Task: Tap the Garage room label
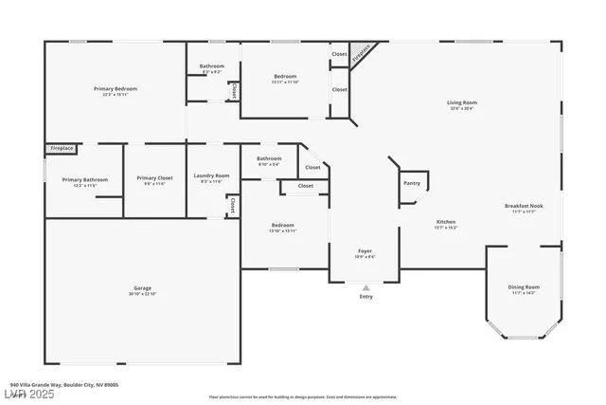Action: (x=142, y=287)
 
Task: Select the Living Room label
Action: (x=462, y=102)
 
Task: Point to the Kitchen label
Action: (x=445, y=222)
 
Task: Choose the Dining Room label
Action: (x=524, y=287)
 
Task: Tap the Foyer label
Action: (x=365, y=251)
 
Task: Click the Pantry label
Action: (x=412, y=183)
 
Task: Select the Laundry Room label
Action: (x=211, y=175)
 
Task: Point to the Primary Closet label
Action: (x=154, y=178)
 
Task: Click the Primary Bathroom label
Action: (x=85, y=179)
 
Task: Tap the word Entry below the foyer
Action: (x=365, y=297)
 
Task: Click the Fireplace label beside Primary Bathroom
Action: (x=61, y=149)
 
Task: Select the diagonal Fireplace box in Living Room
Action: (x=361, y=55)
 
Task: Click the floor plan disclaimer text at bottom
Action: (x=302, y=396)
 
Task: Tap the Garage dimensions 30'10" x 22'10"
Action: (x=142, y=293)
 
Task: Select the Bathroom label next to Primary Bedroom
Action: (x=211, y=65)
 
